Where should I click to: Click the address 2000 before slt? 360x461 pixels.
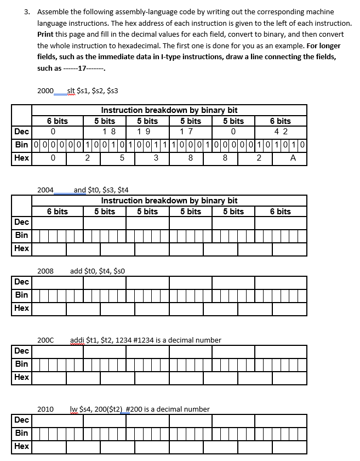tap(45, 90)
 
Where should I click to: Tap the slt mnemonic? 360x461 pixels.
tap(71, 90)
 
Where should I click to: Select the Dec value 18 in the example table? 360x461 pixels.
tap(109, 132)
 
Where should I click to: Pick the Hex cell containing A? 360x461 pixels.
tap(293, 158)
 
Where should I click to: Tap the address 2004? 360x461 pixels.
tap(45, 190)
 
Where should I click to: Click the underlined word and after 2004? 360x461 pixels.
tap(80, 190)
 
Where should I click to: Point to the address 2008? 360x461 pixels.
tap(45, 271)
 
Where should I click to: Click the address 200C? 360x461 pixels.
tap(45, 340)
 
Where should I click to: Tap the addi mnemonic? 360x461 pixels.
tap(77, 340)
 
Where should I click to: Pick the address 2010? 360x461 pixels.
tap(45, 409)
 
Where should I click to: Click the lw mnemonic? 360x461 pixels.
tap(74, 409)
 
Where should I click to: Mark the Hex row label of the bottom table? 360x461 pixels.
tap(22, 446)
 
